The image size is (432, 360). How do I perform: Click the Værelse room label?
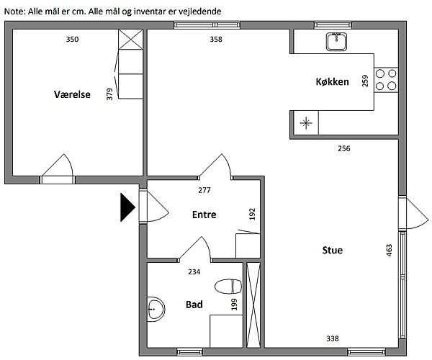point(72,94)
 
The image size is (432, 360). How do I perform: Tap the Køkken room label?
point(332,82)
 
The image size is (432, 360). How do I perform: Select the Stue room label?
point(333,250)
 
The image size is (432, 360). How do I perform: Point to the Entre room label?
point(204,215)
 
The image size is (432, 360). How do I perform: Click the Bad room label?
point(194,305)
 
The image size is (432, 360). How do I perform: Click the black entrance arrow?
point(127,207)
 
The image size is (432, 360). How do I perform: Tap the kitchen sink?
point(336,42)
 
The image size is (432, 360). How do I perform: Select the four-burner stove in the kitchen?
point(386,80)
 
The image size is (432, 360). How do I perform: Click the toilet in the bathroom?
point(228,287)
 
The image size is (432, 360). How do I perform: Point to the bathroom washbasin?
point(156,309)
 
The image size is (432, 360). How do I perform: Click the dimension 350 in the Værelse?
point(72,40)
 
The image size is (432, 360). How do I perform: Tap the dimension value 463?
point(389,251)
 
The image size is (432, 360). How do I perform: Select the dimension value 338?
point(333,338)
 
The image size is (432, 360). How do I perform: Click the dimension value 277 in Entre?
point(204,190)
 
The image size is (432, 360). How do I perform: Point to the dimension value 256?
point(344,148)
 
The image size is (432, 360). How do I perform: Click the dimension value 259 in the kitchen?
point(365,81)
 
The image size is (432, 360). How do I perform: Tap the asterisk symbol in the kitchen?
point(306,123)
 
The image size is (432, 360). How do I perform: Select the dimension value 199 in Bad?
point(234,305)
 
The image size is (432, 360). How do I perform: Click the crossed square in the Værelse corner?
point(130,40)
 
